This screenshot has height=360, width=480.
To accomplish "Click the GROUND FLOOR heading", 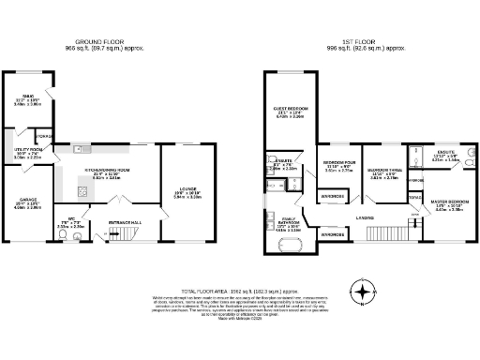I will point(98,42).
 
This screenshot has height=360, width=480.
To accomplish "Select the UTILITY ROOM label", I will point(29,150).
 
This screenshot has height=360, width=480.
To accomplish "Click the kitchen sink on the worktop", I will point(82,150).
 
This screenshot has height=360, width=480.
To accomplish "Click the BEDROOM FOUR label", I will point(337,163).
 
